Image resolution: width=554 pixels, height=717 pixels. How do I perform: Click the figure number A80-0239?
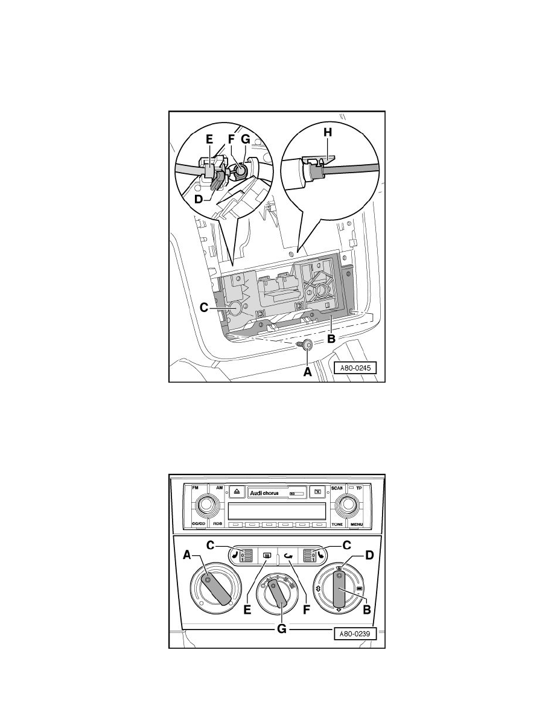(357, 634)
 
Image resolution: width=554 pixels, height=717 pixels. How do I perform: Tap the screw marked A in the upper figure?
(307, 345)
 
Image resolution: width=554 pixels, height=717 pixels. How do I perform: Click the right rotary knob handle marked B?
(337, 590)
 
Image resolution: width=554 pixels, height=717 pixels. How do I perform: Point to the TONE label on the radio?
(337, 524)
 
